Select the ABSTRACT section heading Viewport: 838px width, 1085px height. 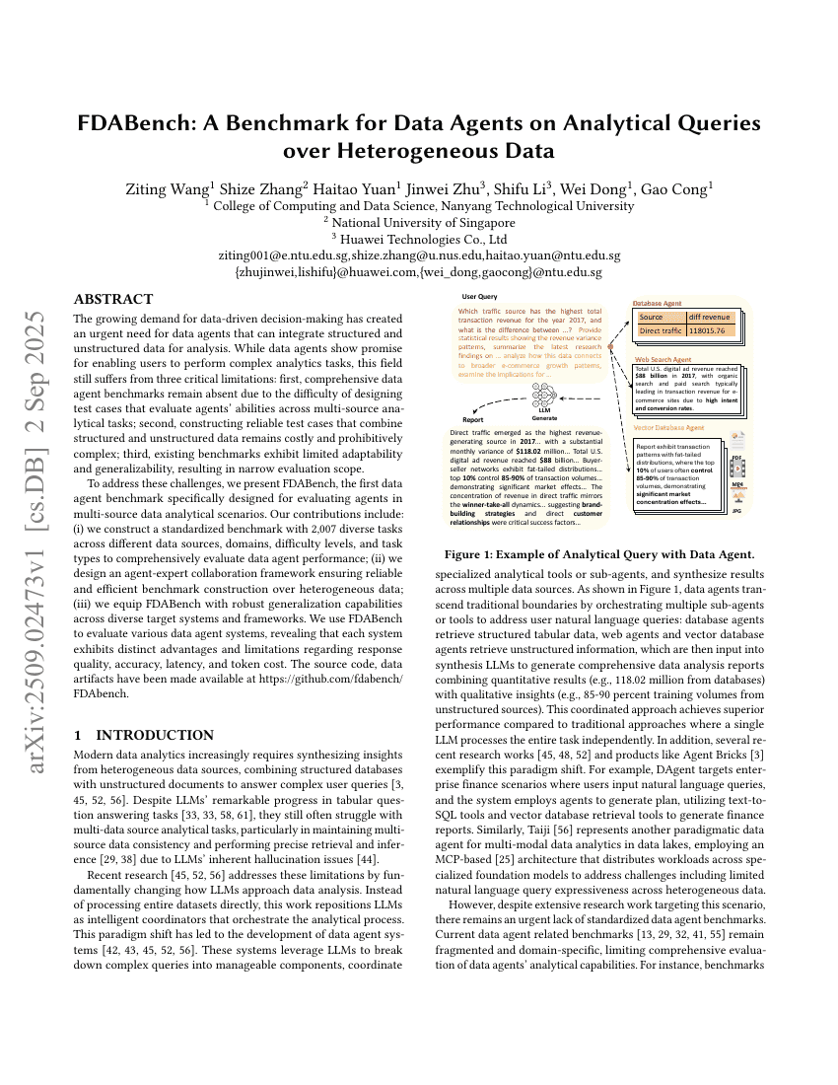[113, 299]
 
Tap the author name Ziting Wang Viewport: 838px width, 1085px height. [164, 187]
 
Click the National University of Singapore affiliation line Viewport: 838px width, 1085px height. [419, 223]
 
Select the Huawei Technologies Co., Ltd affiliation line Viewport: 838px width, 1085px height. [419, 239]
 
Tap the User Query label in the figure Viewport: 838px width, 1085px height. [480, 296]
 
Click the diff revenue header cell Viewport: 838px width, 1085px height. [710, 318]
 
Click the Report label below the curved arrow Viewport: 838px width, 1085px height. [473, 419]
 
